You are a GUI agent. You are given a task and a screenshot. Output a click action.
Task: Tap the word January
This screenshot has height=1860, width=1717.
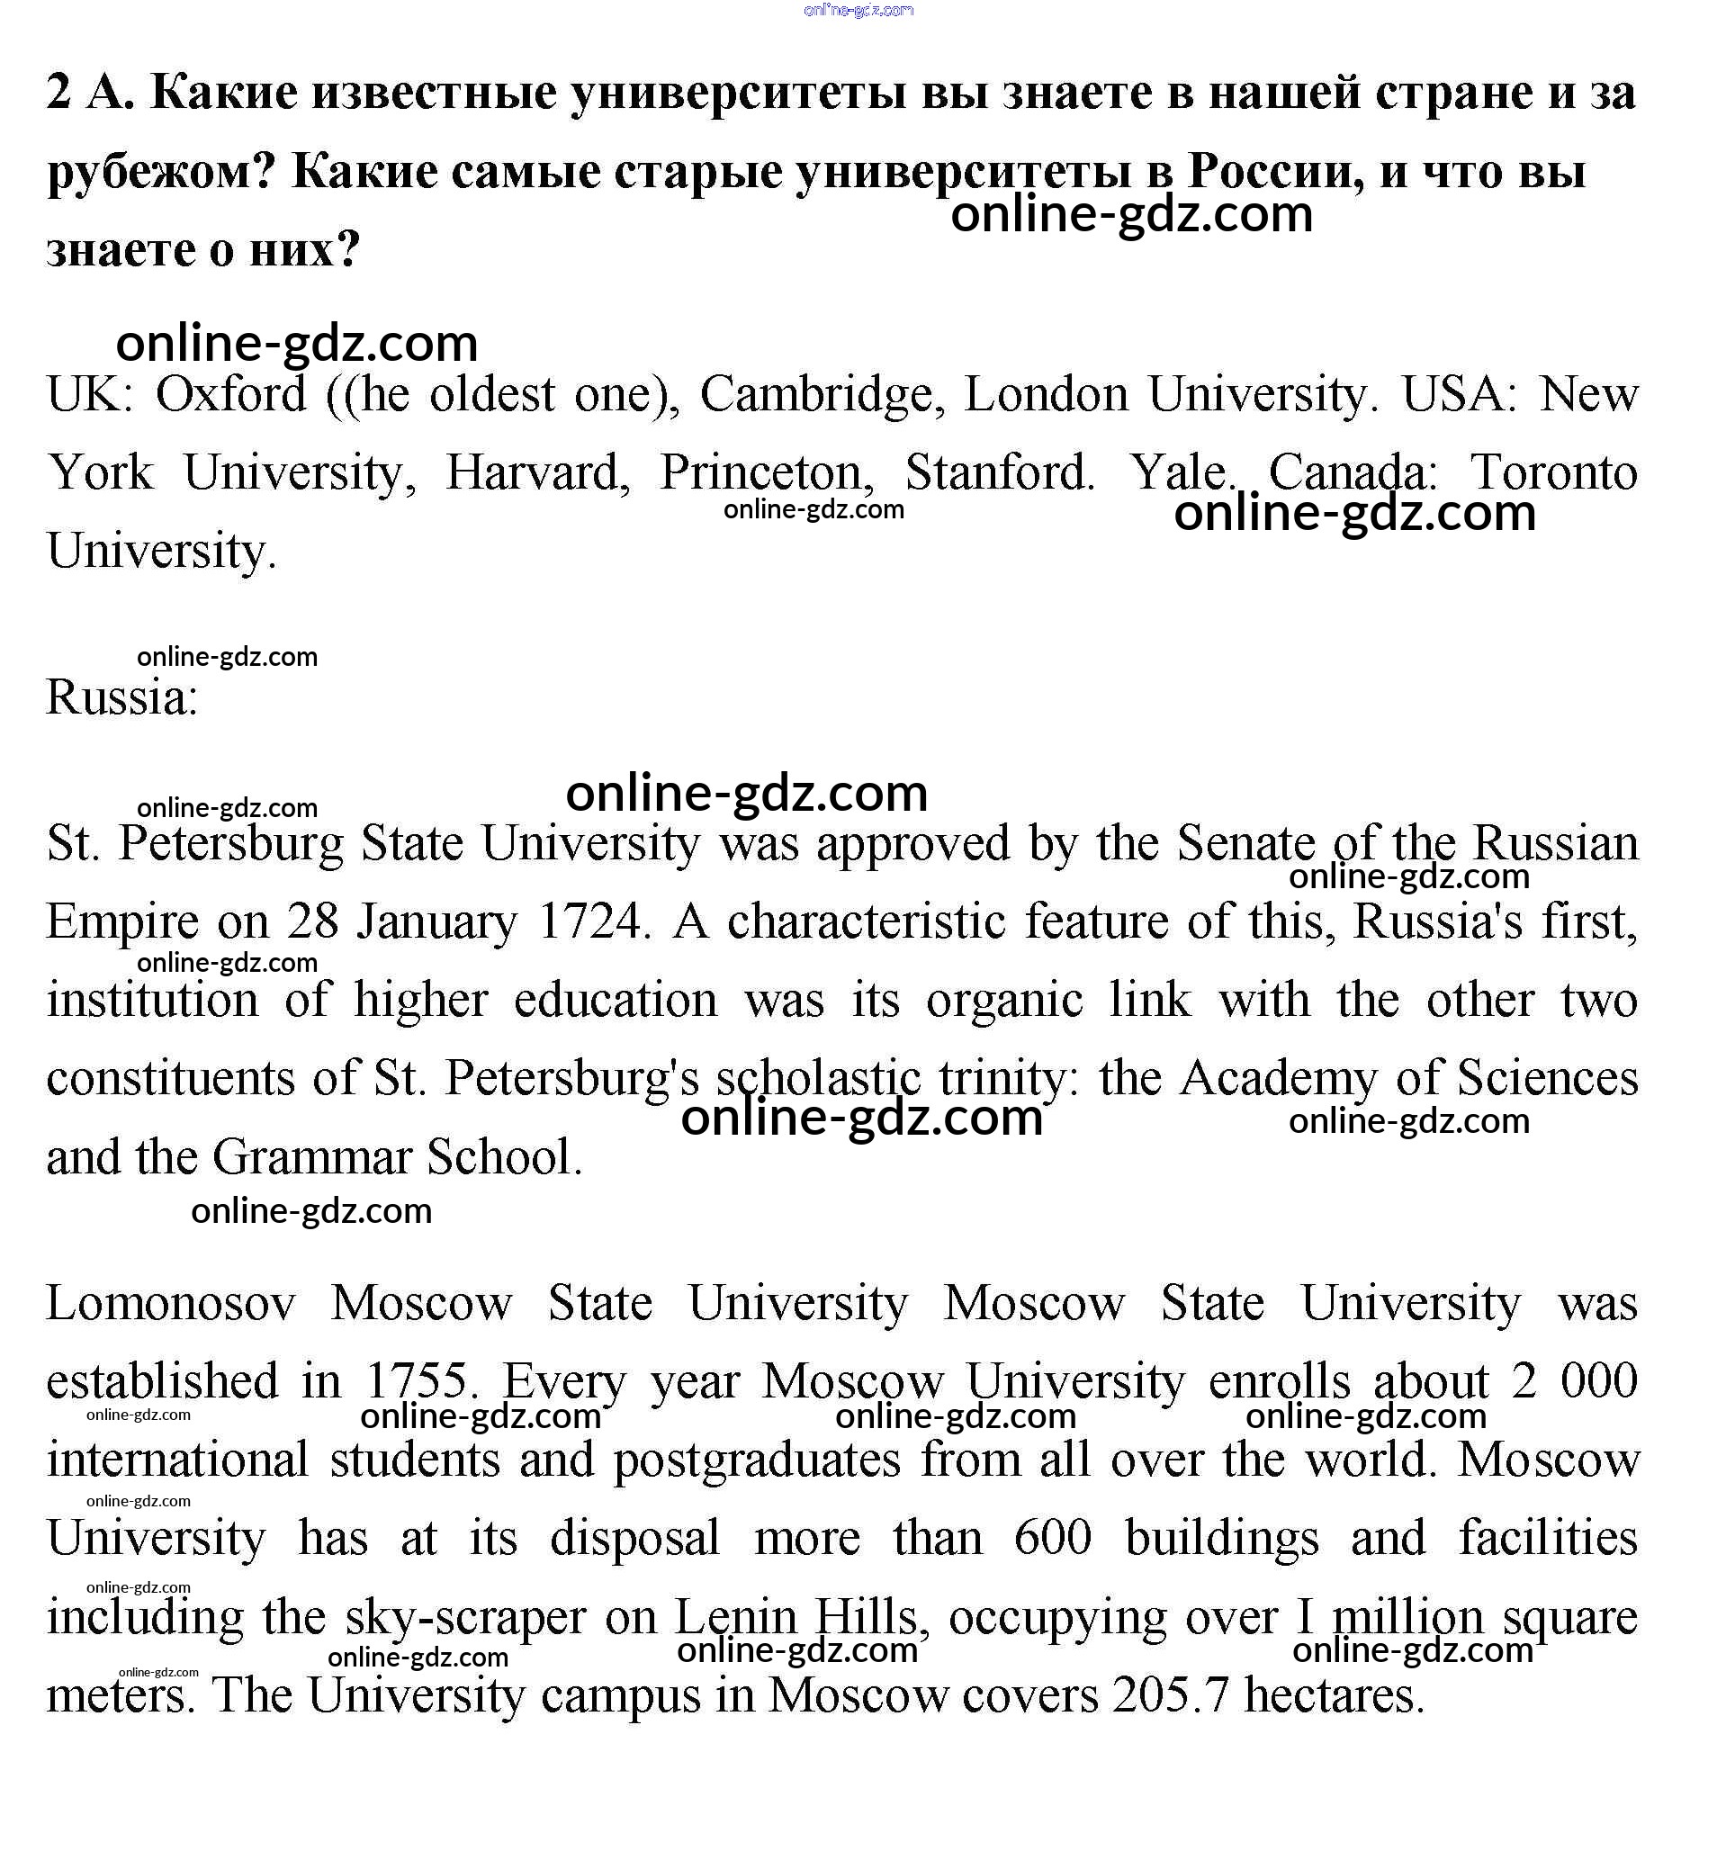(436, 923)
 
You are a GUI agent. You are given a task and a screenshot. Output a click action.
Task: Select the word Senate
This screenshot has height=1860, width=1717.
(1245, 843)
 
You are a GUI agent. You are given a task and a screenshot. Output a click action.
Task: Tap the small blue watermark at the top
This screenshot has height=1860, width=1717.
(858, 10)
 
